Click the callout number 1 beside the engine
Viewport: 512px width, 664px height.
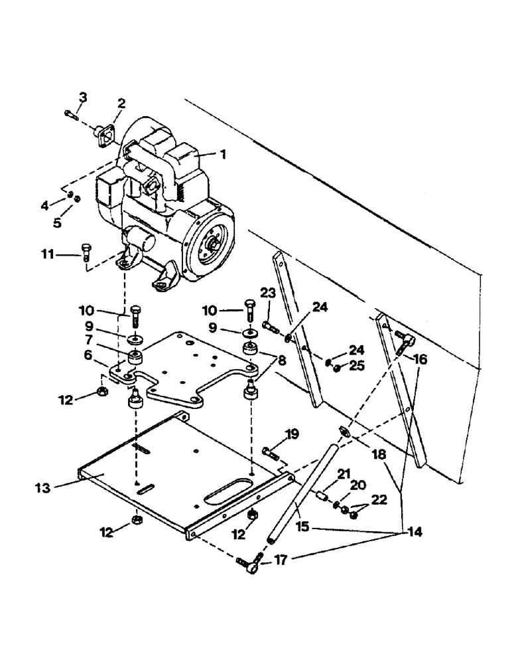223,154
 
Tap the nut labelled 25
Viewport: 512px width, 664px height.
338,368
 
